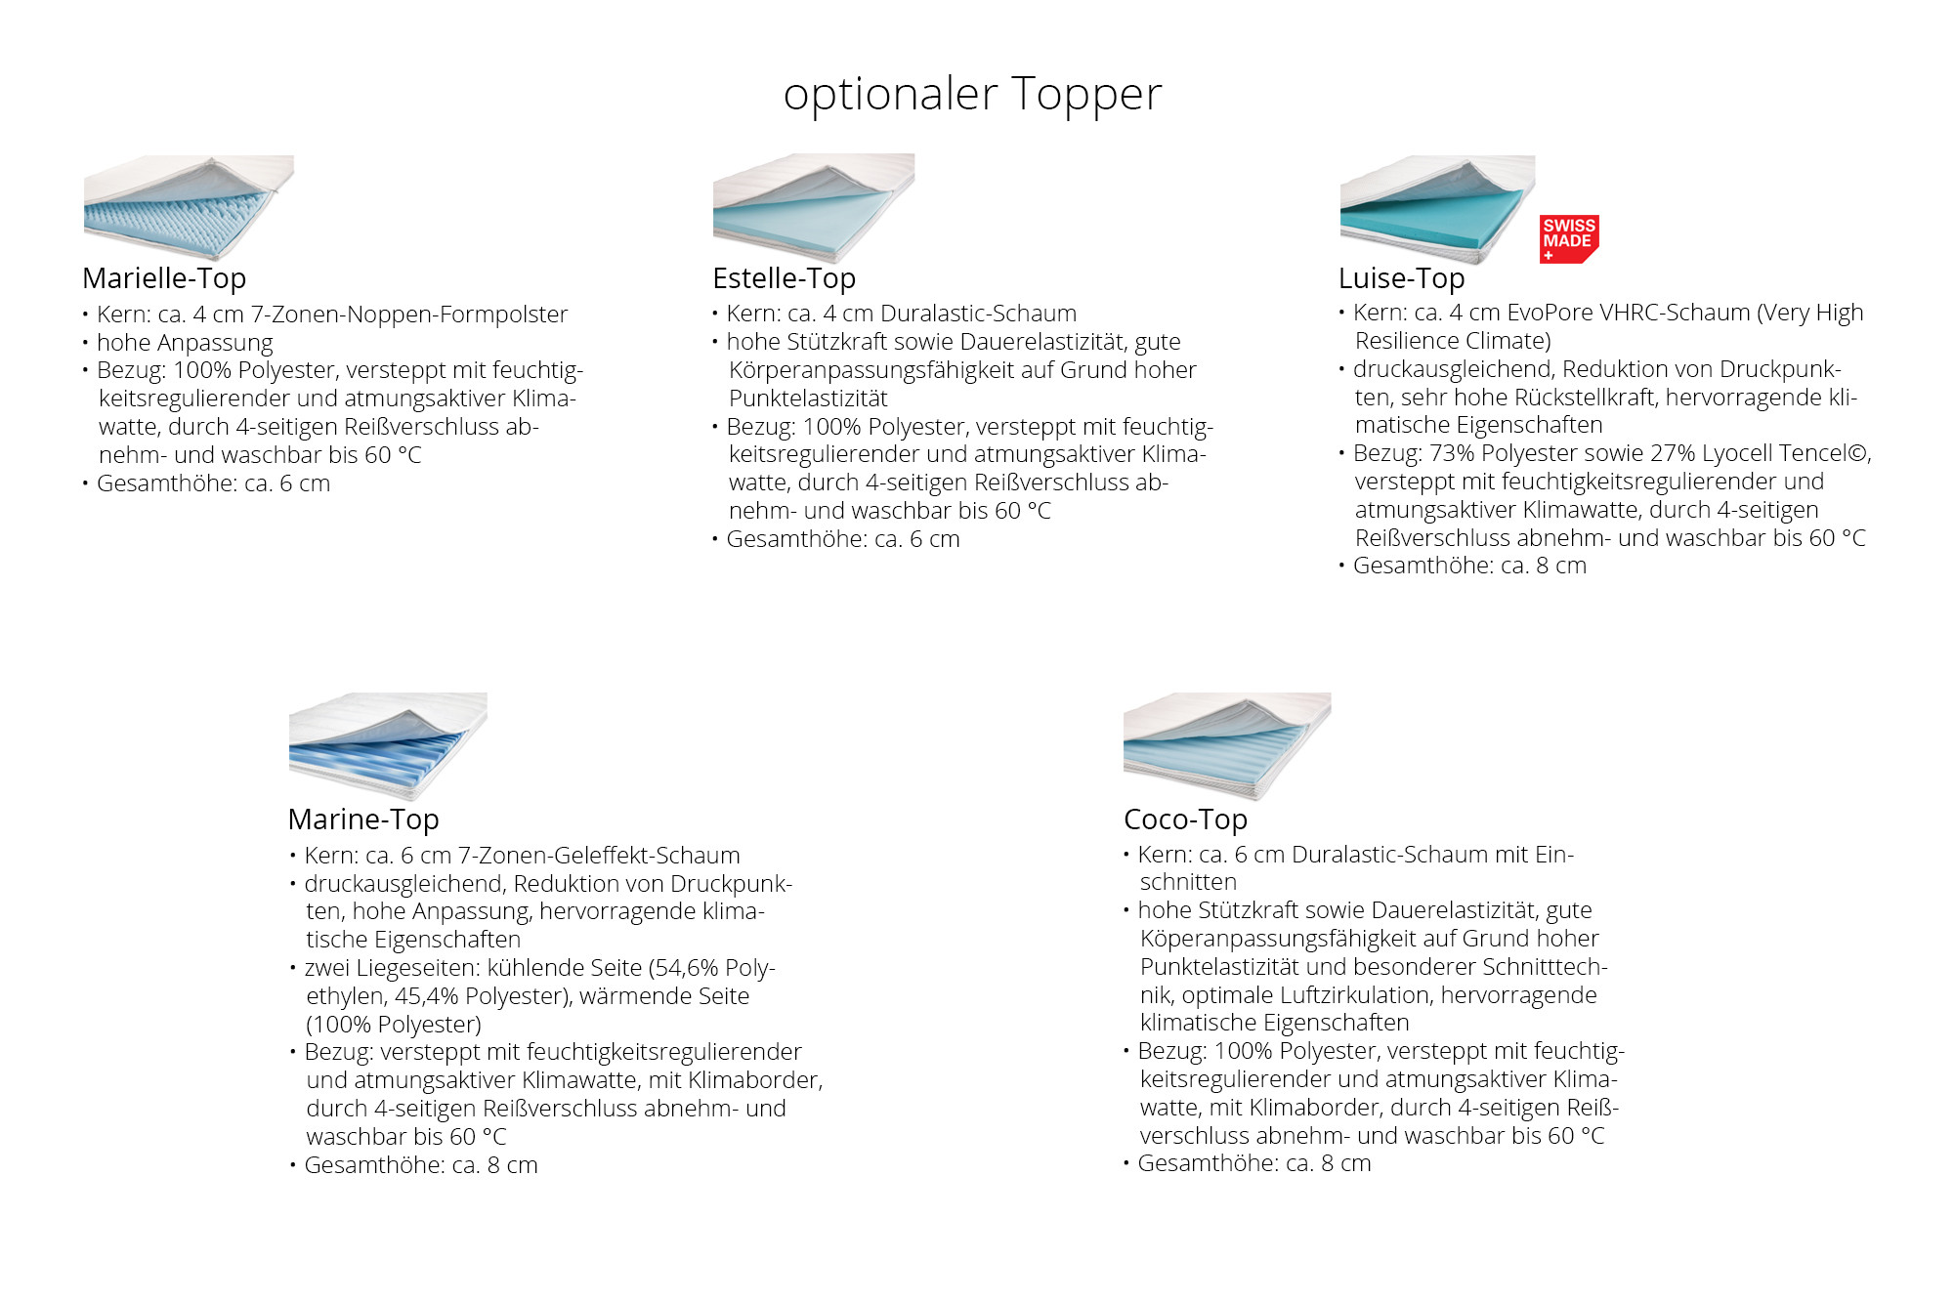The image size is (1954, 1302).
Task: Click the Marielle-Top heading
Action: point(164,279)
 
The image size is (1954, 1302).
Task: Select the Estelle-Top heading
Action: point(785,279)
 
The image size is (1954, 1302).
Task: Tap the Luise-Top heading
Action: point(1401,279)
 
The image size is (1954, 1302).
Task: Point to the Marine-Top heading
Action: point(363,820)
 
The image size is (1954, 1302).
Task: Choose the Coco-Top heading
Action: point(1185,820)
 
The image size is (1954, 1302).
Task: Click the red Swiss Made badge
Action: point(1569,239)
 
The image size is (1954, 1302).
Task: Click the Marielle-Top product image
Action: point(189,207)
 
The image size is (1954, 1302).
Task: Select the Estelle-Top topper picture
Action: point(814,207)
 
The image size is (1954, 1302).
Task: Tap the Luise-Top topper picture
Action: point(1437,209)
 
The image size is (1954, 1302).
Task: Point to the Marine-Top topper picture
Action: point(388,746)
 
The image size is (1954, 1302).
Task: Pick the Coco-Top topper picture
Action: point(1227,746)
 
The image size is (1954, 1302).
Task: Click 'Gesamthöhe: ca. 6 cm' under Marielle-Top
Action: point(213,484)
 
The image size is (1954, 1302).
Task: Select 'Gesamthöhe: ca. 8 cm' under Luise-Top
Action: point(1469,567)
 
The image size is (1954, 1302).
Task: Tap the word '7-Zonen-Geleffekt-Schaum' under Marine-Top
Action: point(599,857)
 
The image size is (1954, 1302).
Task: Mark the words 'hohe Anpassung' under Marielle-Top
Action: point(185,344)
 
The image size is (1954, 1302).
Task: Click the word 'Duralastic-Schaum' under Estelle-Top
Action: point(978,315)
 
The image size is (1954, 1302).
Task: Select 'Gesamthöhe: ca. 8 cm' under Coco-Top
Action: point(1254,1164)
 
